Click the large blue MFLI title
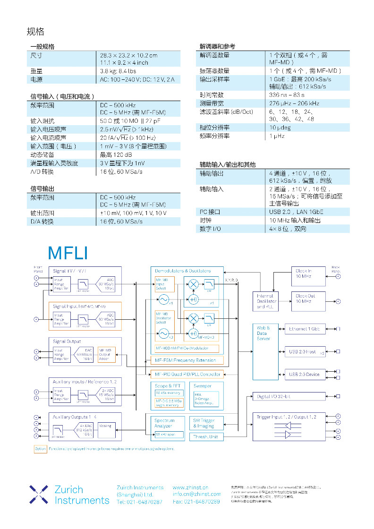[68, 253]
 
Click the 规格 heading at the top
[35, 32]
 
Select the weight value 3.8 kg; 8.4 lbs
[118, 71]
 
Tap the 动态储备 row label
[42, 154]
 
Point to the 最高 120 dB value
[116, 154]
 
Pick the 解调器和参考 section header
[217, 46]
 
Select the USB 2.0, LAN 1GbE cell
[296, 212]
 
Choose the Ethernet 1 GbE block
[305, 329]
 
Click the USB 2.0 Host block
[305, 351]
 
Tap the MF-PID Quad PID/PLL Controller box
[187, 374]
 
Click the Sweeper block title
[203, 386]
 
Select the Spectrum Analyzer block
[165, 423]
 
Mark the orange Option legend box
[40, 449]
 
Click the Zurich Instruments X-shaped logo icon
[39, 494]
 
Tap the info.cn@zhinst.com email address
[196, 494]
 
